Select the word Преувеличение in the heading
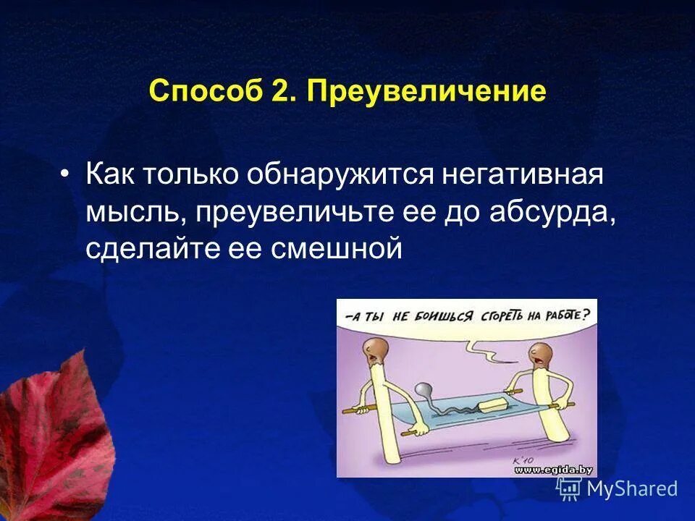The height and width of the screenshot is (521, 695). coord(426,92)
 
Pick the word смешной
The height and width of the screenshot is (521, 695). coord(336,248)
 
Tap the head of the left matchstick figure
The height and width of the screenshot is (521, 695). coord(374,350)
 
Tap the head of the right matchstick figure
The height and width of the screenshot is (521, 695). coord(540,354)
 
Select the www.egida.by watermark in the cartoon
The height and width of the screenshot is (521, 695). coord(554,470)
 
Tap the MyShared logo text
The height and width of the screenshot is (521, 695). coord(631,489)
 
